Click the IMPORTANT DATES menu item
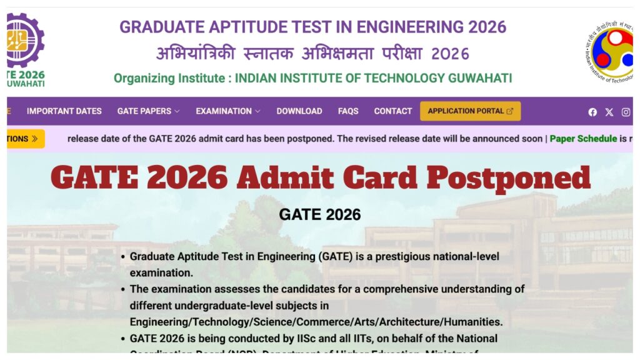64,111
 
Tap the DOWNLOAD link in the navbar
299,111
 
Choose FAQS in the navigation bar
348,111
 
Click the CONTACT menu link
392,111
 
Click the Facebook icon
592,112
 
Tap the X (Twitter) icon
609,112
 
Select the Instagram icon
626,112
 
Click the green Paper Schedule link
583,139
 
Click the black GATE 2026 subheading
319,215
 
